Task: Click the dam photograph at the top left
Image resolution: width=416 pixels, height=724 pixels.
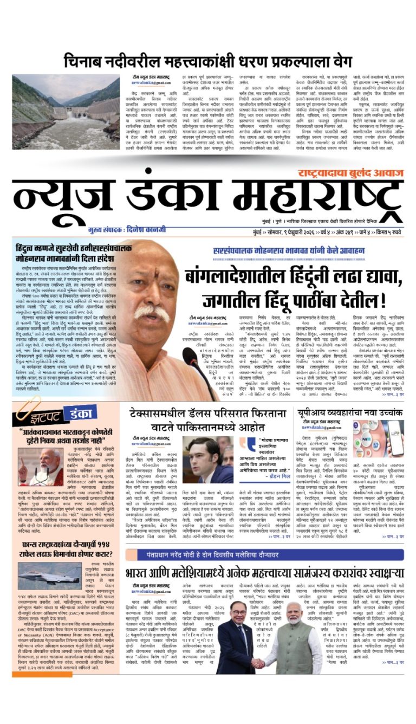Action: tap(66, 112)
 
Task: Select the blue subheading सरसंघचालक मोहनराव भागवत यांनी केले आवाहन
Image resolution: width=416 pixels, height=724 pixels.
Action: tap(286, 251)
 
